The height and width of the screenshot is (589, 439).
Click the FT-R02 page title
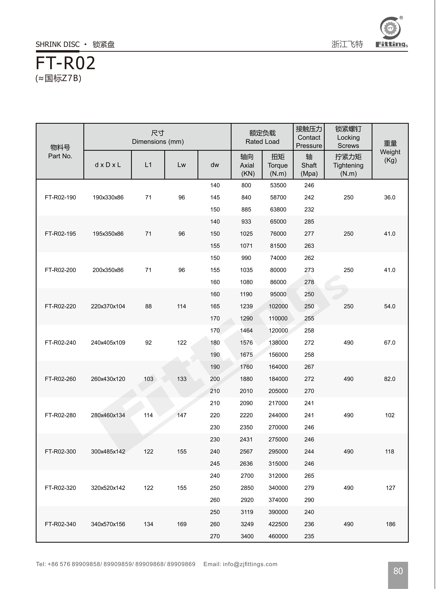pos(65,63)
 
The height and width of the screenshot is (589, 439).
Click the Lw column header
pos(181,165)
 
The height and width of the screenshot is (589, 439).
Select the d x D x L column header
pos(108,165)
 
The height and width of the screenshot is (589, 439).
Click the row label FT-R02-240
pos(60,343)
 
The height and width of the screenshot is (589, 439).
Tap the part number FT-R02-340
pos(60,524)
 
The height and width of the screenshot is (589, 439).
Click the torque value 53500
pos(278,185)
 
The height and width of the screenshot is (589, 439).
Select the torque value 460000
pos(278,536)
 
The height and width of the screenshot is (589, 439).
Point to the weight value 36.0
pos(390,197)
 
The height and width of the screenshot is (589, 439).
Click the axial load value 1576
pos(246,343)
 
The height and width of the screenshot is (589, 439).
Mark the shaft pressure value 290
pos(309,500)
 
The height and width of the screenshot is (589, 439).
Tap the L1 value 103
pos(149,379)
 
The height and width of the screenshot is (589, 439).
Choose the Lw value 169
pos(182,524)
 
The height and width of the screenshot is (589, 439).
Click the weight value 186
pos(390,524)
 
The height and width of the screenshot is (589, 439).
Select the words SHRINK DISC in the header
pos(58,44)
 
